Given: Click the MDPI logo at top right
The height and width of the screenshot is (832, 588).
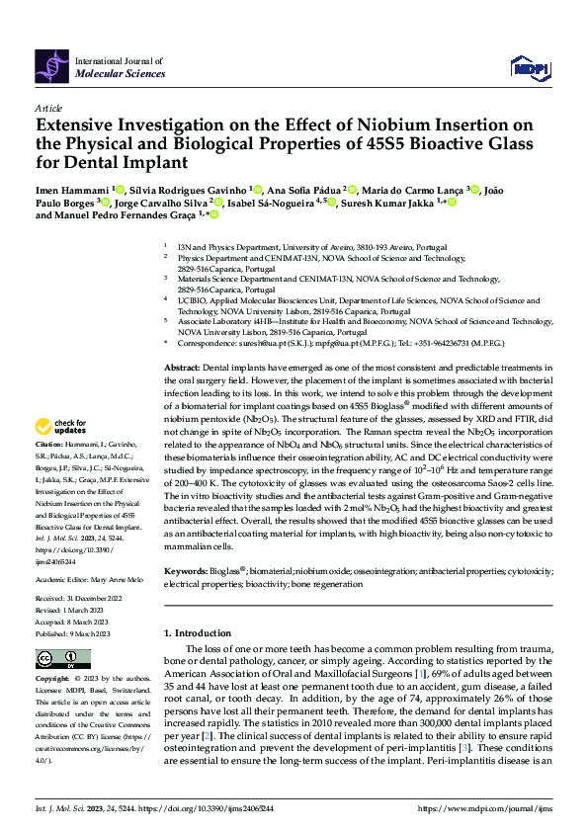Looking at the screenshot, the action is pyautogui.click(x=528, y=67).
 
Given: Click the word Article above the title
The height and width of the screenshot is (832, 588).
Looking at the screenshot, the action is pyautogui.click(x=48, y=107).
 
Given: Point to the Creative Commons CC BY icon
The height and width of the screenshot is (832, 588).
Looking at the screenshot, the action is pyautogui.click(x=58, y=658).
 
